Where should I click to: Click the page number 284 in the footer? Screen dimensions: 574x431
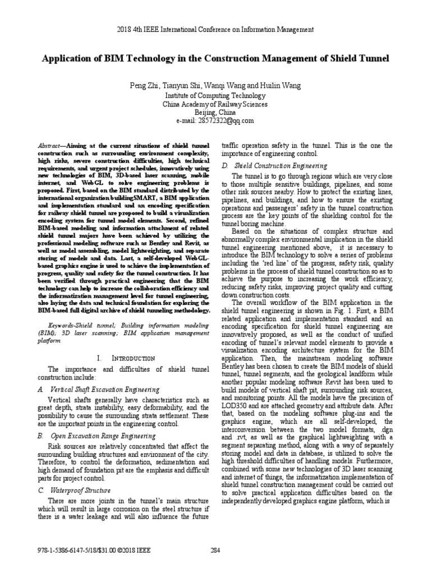pos(215,549)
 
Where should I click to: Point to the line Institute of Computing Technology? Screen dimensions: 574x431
pos(215,95)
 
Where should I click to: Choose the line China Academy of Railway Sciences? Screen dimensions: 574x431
pos(215,104)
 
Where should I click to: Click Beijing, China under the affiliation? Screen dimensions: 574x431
pos(215,112)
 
